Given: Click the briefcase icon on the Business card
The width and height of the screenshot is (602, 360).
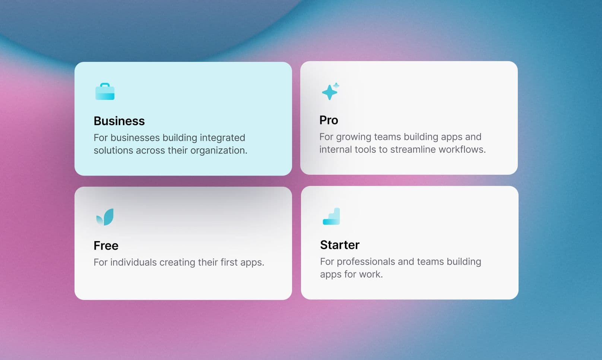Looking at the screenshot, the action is point(105,91).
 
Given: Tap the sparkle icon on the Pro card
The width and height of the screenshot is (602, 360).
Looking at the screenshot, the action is point(330,91).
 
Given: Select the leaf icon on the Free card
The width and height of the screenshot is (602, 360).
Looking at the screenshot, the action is point(105,217).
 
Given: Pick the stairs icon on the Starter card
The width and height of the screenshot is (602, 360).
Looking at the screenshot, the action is point(331,216).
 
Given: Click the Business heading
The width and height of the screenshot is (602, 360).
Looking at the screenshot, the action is point(119,121).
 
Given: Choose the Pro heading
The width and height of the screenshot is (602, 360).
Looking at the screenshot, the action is point(329,120).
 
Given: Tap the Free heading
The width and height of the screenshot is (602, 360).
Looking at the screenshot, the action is point(106,246).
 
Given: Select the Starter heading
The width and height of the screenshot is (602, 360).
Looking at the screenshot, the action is point(340,245).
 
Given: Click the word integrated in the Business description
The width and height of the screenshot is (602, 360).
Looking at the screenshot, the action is point(222,138).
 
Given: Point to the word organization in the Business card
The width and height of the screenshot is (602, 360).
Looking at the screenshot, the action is point(219,151).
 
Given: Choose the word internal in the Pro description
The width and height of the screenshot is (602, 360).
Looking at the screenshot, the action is point(336,149).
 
